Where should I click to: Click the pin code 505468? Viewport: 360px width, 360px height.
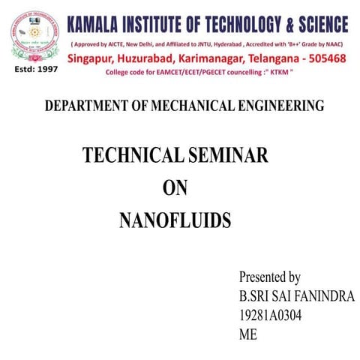[325, 58]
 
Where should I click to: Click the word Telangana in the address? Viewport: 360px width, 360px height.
[274, 58]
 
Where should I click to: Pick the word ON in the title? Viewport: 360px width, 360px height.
[175, 189]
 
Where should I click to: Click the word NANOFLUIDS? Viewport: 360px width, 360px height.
[175, 220]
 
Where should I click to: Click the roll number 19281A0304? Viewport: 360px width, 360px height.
[270, 316]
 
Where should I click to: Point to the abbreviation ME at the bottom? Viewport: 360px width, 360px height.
[247, 335]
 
